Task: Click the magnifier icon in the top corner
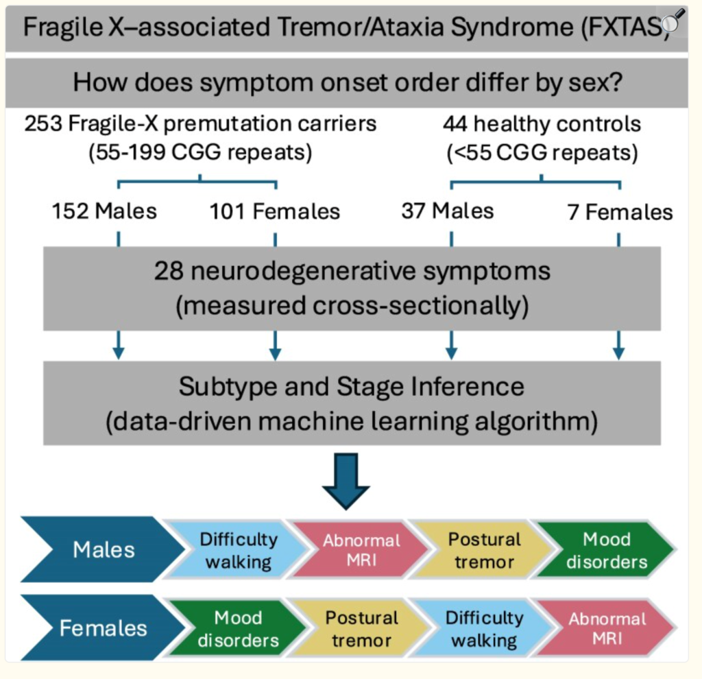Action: (x=675, y=22)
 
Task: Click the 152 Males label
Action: (x=104, y=211)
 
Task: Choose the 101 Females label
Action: (x=275, y=211)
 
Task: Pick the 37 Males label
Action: (x=448, y=211)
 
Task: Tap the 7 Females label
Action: (x=620, y=212)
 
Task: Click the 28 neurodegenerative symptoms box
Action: (x=352, y=288)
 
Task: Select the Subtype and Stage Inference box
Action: (x=352, y=404)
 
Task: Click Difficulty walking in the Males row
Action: (x=239, y=550)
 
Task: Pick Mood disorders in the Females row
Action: (x=238, y=628)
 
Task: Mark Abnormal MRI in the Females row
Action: (x=606, y=628)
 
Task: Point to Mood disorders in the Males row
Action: (x=606, y=550)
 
